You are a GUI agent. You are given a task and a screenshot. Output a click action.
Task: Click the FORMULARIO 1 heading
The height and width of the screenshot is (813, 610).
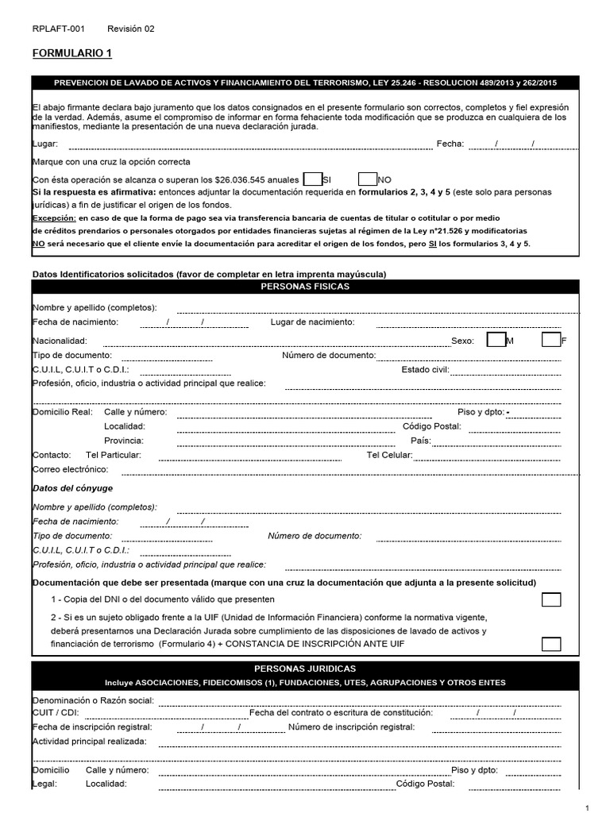[x=72, y=54]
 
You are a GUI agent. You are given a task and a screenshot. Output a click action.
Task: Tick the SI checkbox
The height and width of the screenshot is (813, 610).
[x=313, y=179]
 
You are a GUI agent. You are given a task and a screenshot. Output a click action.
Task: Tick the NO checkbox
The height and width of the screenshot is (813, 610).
[x=368, y=179]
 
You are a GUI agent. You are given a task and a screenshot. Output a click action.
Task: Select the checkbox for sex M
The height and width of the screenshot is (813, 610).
[x=496, y=340]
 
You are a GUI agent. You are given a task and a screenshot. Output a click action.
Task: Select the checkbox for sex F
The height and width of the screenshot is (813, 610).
[x=551, y=340]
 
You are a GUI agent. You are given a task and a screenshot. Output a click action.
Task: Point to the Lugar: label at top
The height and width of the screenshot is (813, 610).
[x=44, y=144]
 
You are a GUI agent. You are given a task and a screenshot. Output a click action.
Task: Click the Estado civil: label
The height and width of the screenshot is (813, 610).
[x=426, y=369]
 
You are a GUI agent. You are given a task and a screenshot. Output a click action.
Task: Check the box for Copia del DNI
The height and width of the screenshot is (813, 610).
[x=551, y=599]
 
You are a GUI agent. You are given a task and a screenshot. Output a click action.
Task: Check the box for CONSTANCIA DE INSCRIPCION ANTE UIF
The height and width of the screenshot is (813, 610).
[x=551, y=644]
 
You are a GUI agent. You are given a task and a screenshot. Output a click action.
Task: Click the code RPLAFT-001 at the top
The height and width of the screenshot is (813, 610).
[x=58, y=29]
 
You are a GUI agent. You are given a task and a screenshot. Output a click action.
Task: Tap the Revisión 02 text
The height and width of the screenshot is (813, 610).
[x=131, y=29]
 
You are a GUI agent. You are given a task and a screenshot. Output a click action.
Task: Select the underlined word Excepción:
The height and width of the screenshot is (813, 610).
[x=53, y=218]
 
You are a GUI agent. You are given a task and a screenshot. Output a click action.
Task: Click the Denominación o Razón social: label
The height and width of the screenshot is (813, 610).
[x=93, y=701]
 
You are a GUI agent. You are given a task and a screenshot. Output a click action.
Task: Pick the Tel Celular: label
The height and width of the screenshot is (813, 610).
[x=389, y=455]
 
